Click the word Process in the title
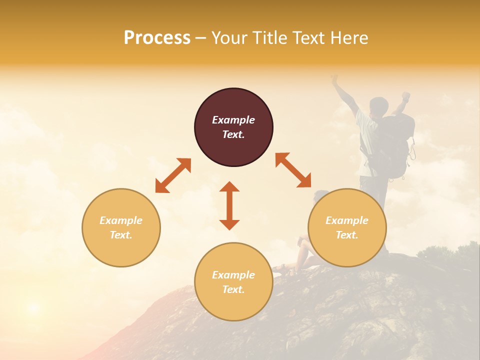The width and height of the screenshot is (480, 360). [x=157, y=38]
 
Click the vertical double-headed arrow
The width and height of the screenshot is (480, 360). [x=229, y=205]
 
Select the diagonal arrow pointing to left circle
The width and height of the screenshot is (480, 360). [x=173, y=175]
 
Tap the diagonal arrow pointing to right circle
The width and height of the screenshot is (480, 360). [x=293, y=170]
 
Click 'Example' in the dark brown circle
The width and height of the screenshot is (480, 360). [x=233, y=120]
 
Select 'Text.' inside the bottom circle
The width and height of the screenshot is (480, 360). [x=233, y=289]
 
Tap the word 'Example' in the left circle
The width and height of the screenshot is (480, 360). [x=121, y=220]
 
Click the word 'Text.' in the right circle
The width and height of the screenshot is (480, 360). [x=347, y=235]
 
